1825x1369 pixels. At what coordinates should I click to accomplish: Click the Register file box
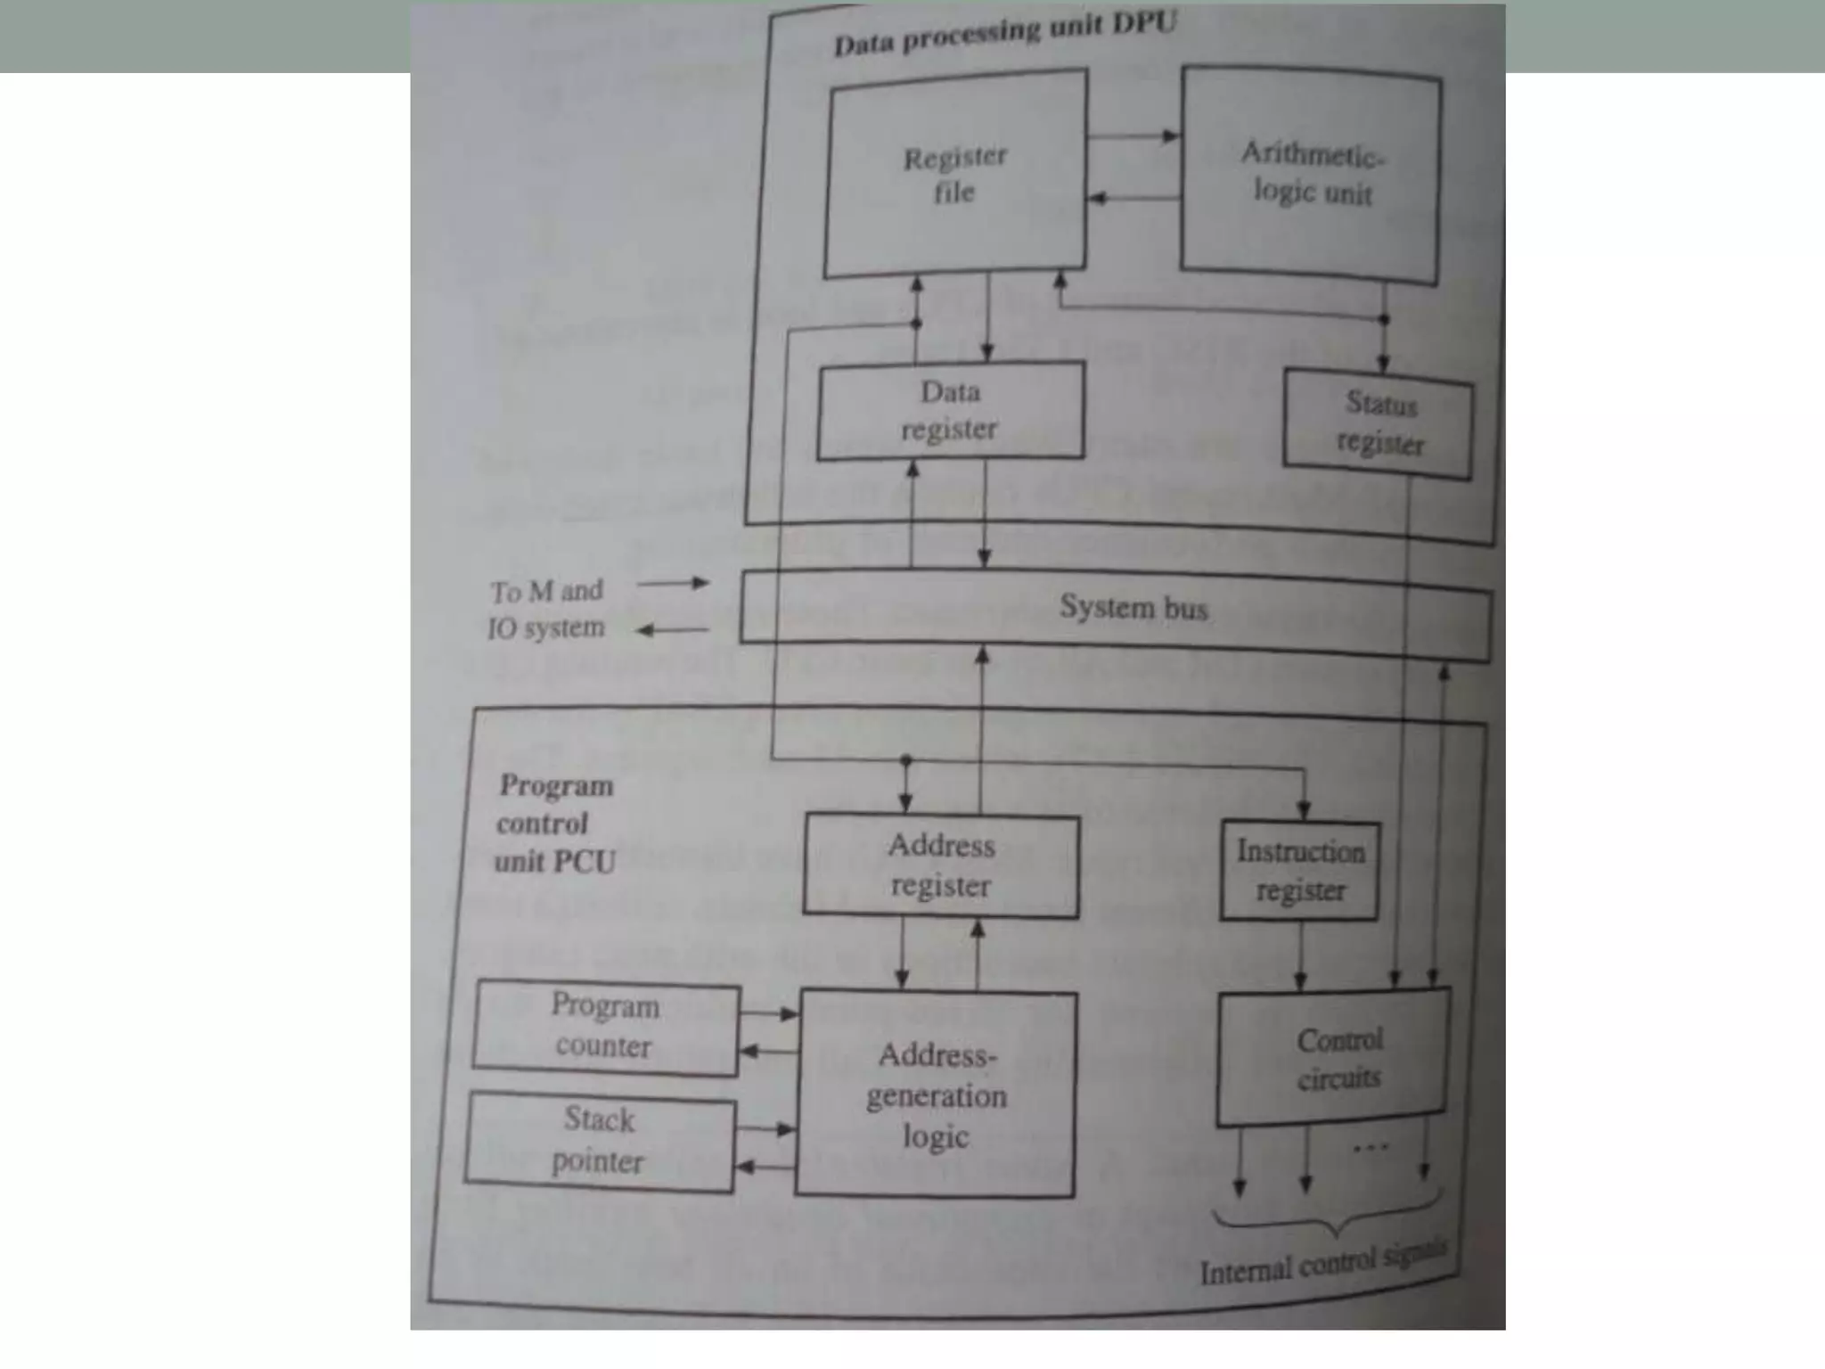(955, 174)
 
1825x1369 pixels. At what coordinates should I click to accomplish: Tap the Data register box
(951, 410)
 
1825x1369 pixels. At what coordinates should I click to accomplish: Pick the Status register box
(1379, 424)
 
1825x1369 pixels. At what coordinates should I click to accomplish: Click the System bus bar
(1116, 611)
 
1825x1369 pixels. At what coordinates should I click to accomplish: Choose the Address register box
(941, 865)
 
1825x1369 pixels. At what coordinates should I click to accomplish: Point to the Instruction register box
(1300, 871)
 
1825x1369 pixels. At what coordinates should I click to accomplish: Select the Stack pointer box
(600, 1141)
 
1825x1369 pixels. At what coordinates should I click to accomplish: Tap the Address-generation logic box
(936, 1094)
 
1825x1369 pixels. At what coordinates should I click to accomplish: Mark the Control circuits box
(1334, 1058)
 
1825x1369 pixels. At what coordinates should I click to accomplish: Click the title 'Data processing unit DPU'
(1005, 33)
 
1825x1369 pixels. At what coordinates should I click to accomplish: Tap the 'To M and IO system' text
(547, 610)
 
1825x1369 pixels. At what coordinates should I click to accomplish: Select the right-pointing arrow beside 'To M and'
(673, 584)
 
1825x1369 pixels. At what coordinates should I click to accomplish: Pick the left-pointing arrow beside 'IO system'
(673, 631)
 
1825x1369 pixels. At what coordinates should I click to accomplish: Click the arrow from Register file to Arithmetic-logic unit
(1133, 136)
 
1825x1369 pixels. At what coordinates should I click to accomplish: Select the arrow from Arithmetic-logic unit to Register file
(1133, 198)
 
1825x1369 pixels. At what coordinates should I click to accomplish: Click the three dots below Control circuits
(1371, 1148)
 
